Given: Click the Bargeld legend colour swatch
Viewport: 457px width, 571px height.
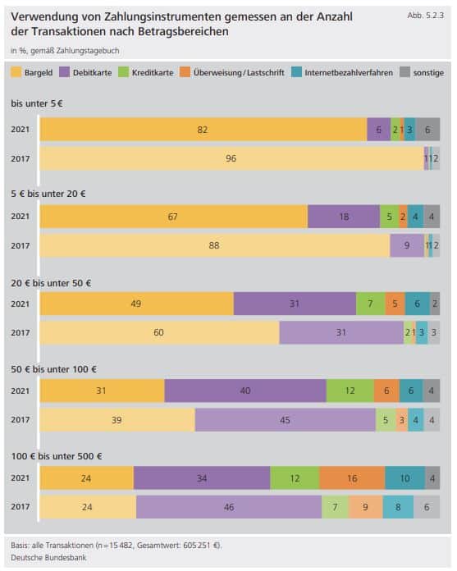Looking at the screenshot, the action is (16, 72).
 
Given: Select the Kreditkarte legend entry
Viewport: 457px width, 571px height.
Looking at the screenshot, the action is (146, 72).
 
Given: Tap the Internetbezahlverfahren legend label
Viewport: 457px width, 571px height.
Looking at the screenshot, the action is (349, 73).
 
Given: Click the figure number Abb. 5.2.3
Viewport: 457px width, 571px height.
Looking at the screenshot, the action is (425, 16).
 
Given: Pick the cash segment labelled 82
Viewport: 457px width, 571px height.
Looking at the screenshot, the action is (203, 130).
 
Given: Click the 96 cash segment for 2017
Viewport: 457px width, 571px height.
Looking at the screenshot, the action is (232, 158).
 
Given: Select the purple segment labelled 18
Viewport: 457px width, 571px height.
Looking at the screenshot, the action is (344, 217).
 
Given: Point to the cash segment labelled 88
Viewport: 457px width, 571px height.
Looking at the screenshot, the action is (215, 245).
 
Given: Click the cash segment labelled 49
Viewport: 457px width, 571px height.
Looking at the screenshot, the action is (137, 304).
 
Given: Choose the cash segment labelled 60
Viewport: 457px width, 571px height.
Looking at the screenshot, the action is (159, 332).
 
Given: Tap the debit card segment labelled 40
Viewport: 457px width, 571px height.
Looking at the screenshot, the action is (245, 391).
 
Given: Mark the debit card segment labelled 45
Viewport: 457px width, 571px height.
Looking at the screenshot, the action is (286, 420).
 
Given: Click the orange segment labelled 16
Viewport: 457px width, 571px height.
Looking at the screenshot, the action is (352, 478).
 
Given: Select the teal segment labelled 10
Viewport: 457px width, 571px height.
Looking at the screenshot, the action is (405, 478).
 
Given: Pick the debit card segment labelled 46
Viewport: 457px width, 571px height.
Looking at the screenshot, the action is (229, 507).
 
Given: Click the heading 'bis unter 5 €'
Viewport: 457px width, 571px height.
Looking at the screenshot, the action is (37, 103).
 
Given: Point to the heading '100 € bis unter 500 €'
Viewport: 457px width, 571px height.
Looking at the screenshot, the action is (57, 456).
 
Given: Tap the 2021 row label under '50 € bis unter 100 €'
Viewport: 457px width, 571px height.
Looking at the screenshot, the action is (20, 391).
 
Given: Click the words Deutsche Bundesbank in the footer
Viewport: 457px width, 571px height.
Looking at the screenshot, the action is (48, 558).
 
